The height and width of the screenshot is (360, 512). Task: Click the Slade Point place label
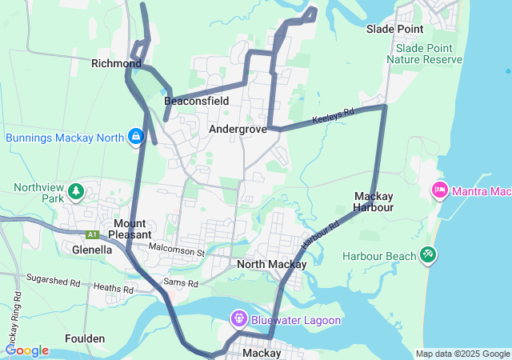(x=394, y=29)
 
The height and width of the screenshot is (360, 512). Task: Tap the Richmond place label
(x=116, y=63)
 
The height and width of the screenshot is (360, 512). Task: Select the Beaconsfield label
(x=197, y=101)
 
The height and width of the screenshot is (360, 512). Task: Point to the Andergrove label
(x=238, y=128)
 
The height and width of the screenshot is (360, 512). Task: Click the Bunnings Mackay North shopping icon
(x=137, y=137)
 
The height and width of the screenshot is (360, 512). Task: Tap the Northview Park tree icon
(x=75, y=191)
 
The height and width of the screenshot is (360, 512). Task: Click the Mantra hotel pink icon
(x=439, y=190)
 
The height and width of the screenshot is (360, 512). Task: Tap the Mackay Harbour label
(x=374, y=202)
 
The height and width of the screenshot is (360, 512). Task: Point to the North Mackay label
(x=272, y=264)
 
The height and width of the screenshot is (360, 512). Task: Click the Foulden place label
(x=85, y=338)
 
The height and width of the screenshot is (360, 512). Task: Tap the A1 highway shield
(x=93, y=234)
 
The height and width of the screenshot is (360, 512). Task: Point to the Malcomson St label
(x=177, y=252)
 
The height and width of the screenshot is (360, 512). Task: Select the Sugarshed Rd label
(x=53, y=282)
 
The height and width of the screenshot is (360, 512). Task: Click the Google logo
(x=26, y=350)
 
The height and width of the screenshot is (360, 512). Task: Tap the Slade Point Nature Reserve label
(x=423, y=54)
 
